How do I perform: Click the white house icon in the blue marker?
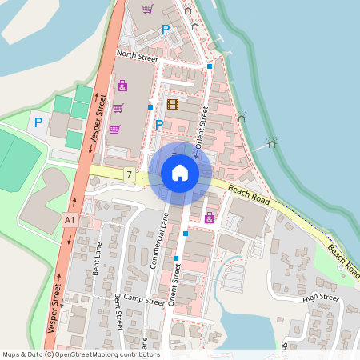tap(180, 173)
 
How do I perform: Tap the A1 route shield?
tap(70, 218)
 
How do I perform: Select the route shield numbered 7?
tap(129, 174)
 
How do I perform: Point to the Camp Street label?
tap(143, 301)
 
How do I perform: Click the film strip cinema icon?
tap(174, 104)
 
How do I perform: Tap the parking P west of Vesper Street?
tap(37, 122)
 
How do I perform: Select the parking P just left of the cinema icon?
tap(158, 124)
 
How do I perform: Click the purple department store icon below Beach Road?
tap(210, 218)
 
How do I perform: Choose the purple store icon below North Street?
tap(122, 86)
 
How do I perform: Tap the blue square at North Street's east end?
tap(210, 66)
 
